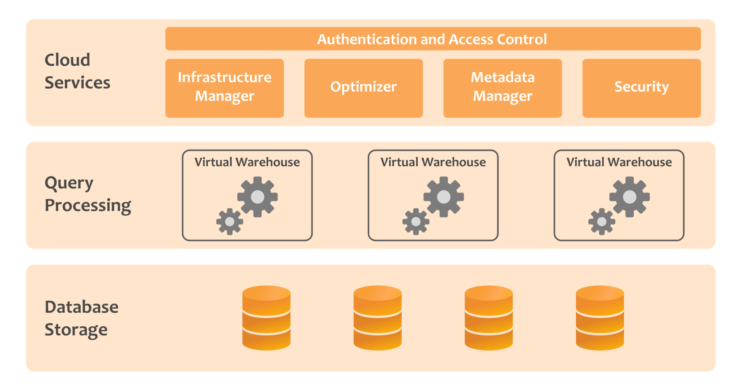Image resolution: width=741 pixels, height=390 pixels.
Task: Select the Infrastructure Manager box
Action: point(224,88)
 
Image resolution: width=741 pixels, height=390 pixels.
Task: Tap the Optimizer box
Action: point(363,88)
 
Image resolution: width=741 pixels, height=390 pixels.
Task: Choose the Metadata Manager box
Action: point(502,88)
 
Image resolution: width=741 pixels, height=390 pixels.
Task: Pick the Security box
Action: point(641,88)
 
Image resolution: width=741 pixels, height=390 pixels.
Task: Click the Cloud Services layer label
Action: point(77,71)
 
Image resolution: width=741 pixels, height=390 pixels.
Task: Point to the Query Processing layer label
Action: point(87,194)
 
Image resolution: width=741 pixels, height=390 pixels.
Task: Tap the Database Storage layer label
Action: point(81,318)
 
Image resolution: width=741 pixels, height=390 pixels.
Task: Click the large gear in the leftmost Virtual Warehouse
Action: point(257,197)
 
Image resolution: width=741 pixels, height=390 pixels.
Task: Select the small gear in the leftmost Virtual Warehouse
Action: point(229,221)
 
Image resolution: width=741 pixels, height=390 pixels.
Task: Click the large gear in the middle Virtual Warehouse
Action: point(444,197)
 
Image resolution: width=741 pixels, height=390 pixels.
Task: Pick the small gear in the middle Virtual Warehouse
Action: point(416,221)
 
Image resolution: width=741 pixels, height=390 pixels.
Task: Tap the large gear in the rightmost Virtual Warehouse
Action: point(630,197)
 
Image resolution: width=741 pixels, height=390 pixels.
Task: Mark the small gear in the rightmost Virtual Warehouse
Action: point(601,221)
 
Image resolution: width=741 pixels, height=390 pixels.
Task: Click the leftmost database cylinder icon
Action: point(266,318)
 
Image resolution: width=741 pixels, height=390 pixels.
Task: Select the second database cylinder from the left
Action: point(377,318)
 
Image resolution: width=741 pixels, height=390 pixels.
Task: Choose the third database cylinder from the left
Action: point(488,318)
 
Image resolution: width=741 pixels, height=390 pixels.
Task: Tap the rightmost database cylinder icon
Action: point(600,318)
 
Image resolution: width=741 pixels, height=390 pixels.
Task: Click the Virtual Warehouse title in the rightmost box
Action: point(619,162)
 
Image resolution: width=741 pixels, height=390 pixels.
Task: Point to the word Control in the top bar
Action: point(522,39)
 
